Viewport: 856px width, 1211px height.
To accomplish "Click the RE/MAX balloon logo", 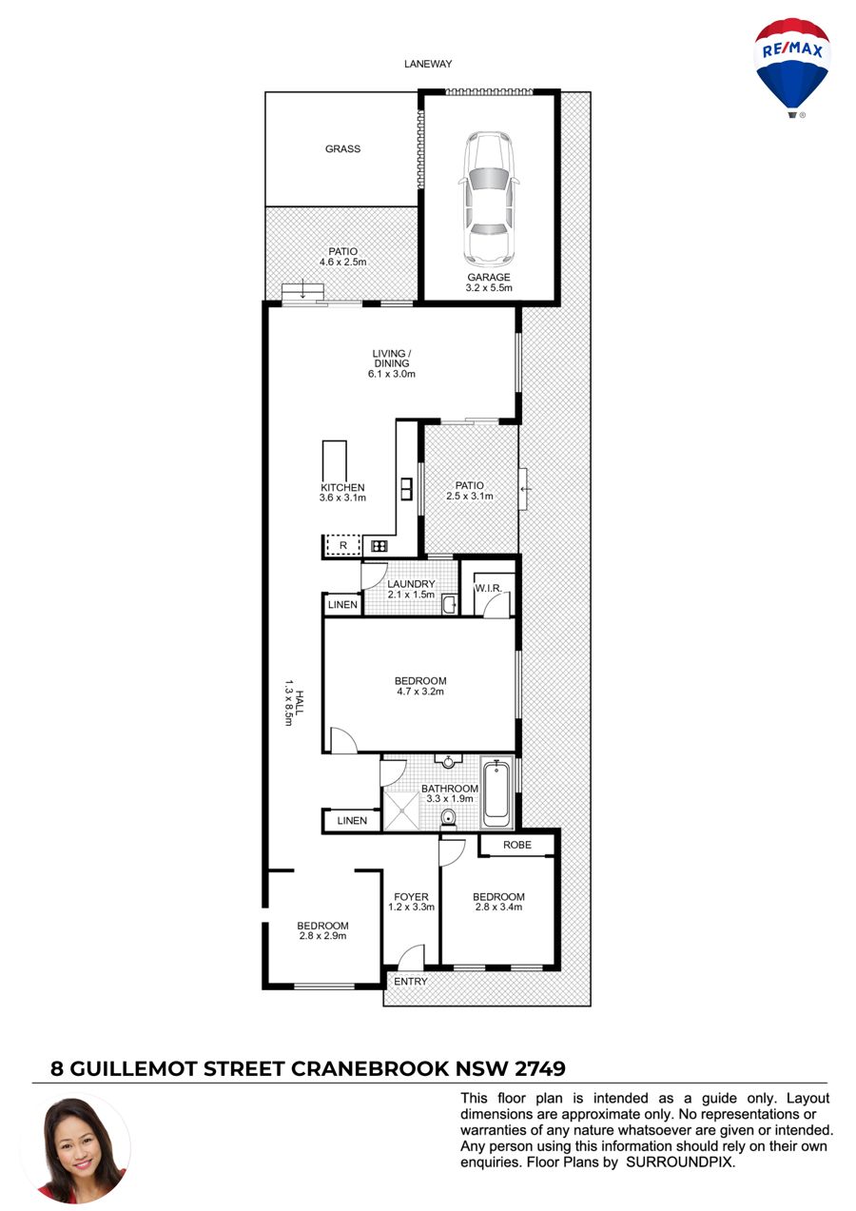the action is (x=792, y=68).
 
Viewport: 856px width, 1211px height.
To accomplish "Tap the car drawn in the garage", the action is (x=489, y=199).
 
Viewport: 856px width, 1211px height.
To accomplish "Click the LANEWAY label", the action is (x=428, y=64).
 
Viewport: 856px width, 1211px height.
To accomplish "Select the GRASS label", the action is (x=342, y=148).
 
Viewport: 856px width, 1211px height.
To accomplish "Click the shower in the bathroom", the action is (x=401, y=810).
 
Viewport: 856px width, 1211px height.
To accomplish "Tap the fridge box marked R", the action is (x=342, y=545).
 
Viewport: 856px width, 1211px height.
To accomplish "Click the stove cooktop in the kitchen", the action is (x=379, y=546).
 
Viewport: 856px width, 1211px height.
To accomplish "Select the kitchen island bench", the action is (x=335, y=460).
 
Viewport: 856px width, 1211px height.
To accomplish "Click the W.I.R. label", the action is (x=488, y=588).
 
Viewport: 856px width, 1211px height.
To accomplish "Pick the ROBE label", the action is (x=517, y=845).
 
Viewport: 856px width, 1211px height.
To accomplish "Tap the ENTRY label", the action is (x=411, y=981).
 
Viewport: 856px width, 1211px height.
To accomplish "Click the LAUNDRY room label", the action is (x=411, y=584).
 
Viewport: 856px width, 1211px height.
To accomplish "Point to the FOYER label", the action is (x=411, y=897).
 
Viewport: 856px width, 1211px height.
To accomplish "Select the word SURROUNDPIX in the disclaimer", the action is (x=680, y=1162).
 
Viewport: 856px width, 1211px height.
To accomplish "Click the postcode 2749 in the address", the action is (x=540, y=1068).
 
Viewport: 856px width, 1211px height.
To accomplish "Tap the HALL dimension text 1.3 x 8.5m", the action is (x=288, y=702).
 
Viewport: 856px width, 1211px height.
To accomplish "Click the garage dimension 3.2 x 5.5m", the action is (x=489, y=287).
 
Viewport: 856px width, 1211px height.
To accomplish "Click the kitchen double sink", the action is (x=406, y=489).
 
